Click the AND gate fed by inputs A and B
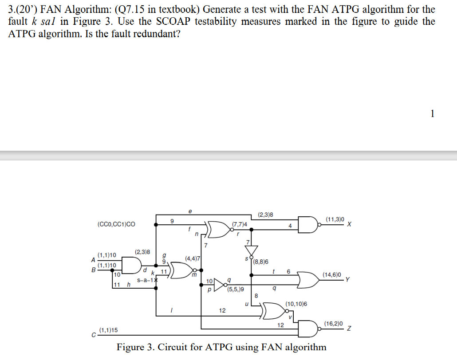coord(129,265)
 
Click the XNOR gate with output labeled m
coord(182,270)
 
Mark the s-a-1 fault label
coord(145,280)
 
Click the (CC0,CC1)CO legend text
coord(116,224)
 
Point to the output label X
coord(350,224)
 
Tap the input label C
coord(93,334)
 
